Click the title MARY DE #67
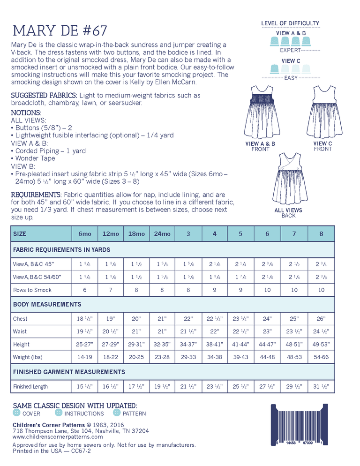coord(60,31)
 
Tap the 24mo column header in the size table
coord(162,233)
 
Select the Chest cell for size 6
coord(267,319)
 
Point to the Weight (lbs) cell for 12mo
coord(111,357)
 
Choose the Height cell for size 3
coord(188,345)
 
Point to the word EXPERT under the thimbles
coord(290,50)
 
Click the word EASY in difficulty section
coord(291,78)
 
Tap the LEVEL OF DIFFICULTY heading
coord(290,23)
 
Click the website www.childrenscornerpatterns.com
coord(58,437)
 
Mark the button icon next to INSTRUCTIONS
coord(59,413)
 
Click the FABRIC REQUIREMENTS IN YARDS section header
coord(62,250)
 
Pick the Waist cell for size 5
coord(240,331)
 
